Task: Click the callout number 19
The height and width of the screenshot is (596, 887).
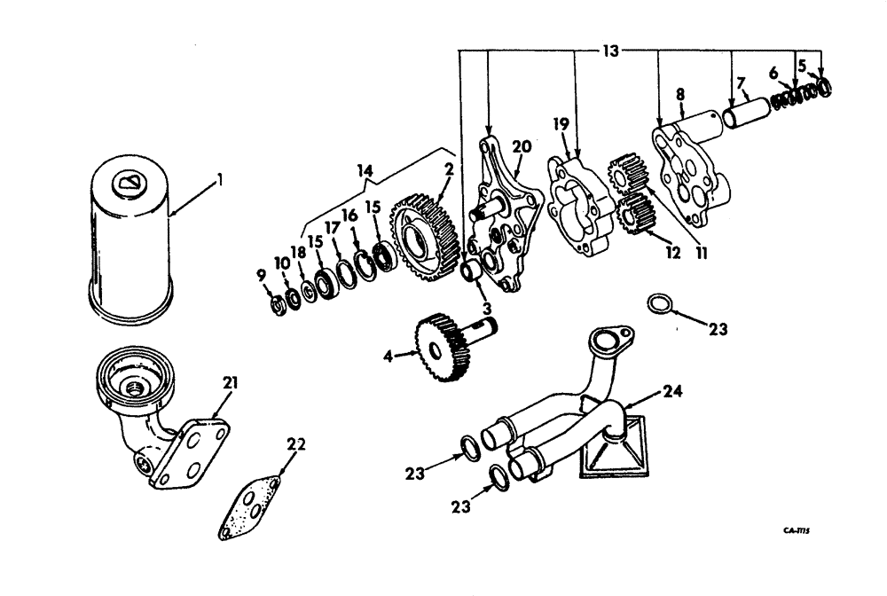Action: click(x=559, y=123)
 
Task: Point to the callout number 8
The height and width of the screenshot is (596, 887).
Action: click(x=679, y=94)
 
